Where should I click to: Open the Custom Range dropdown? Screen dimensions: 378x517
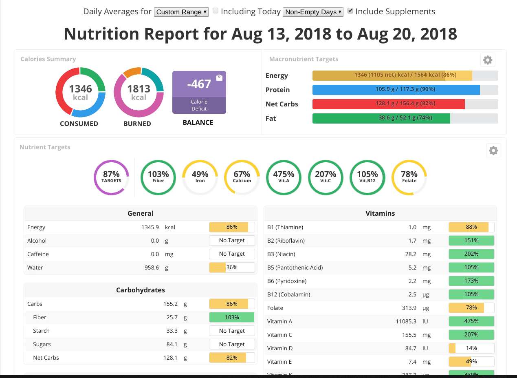point(181,12)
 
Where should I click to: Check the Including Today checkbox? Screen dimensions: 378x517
point(216,11)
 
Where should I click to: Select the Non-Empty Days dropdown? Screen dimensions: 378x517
point(313,12)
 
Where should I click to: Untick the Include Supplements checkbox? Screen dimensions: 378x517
point(350,11)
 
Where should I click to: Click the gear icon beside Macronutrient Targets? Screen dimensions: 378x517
point(488,60)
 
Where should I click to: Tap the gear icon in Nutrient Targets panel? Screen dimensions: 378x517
point(493,150)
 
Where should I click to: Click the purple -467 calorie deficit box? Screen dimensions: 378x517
point(199,92)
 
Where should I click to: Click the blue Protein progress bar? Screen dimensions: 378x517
point(396,90)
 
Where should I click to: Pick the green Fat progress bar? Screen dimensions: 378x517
point(381,118)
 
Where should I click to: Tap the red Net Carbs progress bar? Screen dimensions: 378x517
point(389,104)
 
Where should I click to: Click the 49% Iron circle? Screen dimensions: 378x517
point(200,177)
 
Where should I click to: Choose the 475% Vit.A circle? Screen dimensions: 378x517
point(284,177)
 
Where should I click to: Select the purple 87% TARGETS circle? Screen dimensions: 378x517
point(111,177)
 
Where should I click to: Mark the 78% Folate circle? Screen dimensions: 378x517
point(409,177)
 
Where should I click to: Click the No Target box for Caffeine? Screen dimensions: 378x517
point(232,254)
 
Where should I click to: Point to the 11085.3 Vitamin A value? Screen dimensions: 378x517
point(406,321)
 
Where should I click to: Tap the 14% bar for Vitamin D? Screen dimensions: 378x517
point(471,348)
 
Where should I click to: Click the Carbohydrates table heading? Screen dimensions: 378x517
point(141,290)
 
